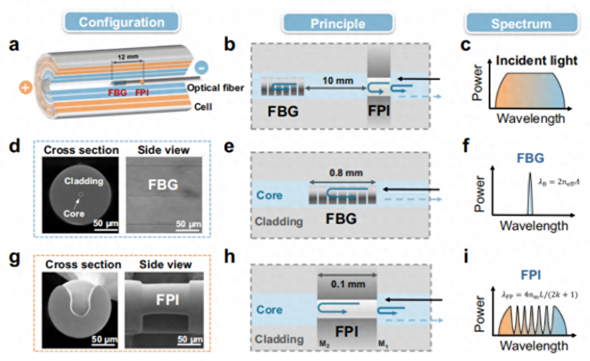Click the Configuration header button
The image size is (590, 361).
122,22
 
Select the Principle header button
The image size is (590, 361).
339,24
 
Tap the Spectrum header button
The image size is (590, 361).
516,24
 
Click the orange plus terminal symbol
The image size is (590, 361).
26,88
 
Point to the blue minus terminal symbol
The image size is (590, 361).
201,68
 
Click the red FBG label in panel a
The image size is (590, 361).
117,92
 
